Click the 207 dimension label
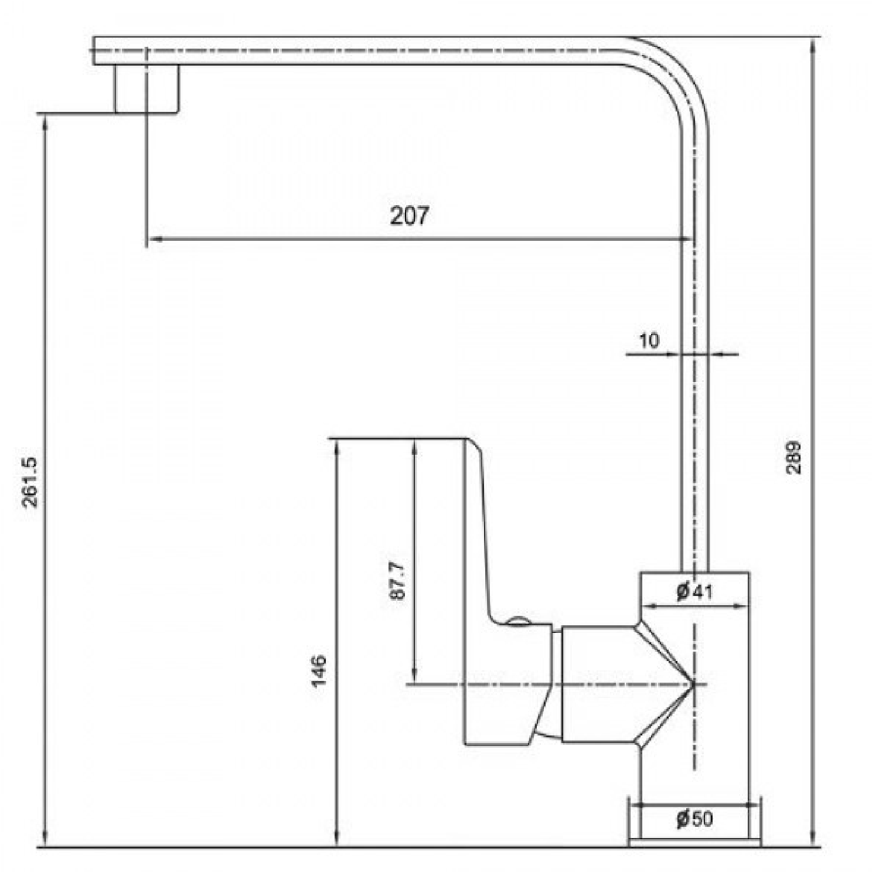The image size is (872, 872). (410, 216)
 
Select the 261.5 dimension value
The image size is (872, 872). (29, 482)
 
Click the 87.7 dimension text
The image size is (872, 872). (397, 581)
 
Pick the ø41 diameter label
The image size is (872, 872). (694, 592)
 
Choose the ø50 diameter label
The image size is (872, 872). (694, 818)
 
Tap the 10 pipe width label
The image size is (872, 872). (648, 340)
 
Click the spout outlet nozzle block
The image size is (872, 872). (146, 88)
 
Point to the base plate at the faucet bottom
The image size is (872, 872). (694, 843)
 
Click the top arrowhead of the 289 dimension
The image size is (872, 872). (813, 43)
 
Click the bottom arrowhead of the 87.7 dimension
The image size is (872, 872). (414, 677)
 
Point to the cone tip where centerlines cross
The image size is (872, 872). (694, 684)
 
